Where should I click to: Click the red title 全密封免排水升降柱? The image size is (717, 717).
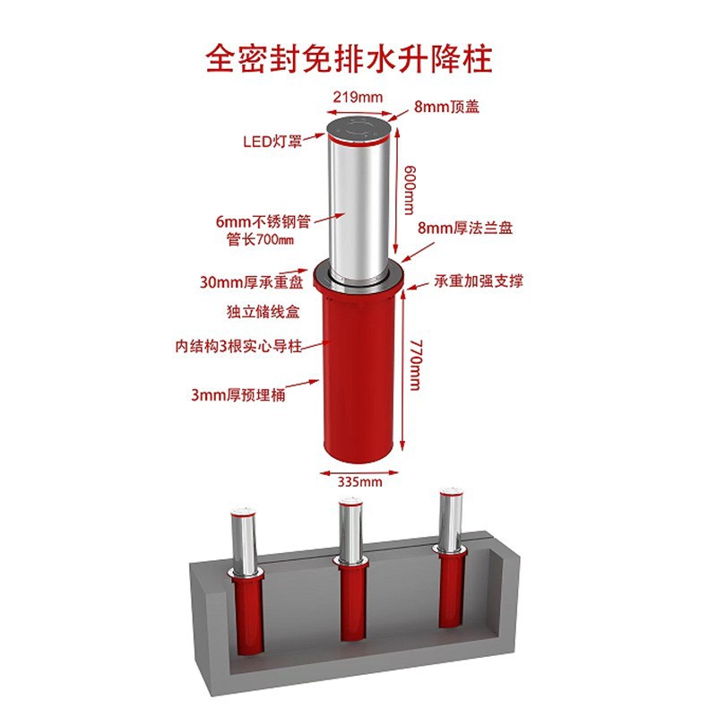(349, 59)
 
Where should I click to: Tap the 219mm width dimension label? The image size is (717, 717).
(358, 98)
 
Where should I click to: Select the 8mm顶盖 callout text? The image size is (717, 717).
(446, 107)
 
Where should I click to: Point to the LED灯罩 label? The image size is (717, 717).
(272, 142)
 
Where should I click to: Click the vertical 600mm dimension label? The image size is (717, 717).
(410, 190)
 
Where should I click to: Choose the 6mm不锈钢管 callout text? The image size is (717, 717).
(263, 221)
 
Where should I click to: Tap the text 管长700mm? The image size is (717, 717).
(260, 239)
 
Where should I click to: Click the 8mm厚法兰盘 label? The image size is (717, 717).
(465, 228)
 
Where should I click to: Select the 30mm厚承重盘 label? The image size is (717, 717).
(252, 282)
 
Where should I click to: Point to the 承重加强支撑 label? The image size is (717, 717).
(479, 281)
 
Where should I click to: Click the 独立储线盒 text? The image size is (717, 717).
(263, 312)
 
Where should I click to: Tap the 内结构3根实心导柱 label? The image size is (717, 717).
(238, 346)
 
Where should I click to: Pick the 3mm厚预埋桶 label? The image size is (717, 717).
(238, 394)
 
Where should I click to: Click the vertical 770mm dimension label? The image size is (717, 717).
(415, 365)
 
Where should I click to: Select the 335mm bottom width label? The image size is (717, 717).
(360, 481)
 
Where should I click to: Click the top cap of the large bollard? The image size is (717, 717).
(359, 129)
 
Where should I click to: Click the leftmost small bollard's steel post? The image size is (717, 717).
(244, 541)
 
